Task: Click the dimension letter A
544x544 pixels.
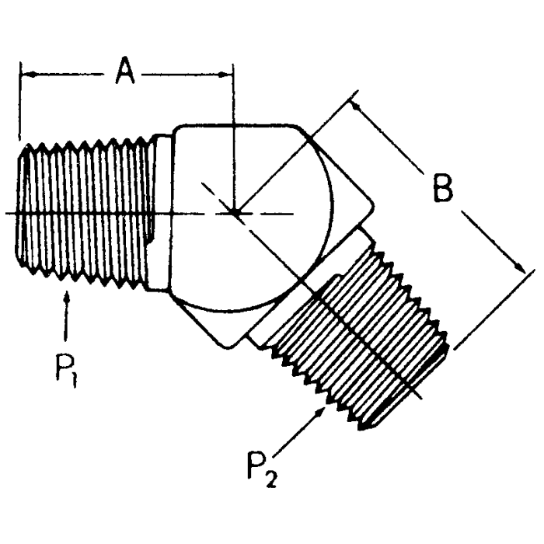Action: coord(125,71)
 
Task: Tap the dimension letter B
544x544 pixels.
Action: coord(442,190)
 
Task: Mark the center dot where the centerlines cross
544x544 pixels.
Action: coord(234,212)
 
